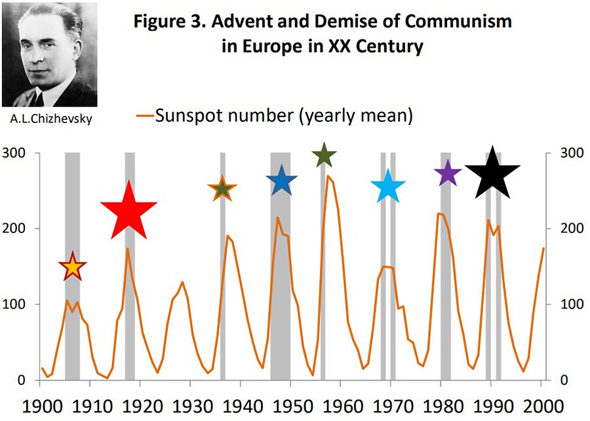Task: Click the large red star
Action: pyautogui.click(x=128, y=211)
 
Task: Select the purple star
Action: pyautogui.click(x=448, y=174)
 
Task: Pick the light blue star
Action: pyautogui.click(x=387, y=187)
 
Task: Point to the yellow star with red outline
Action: pyautogui.click(x=73, y=266)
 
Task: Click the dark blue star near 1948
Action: pyautogui.click(x=282, y=181)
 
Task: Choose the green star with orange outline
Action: pyautogui.click(x=222, y=190)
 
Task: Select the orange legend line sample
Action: pyautogui.click(x=145, y=118)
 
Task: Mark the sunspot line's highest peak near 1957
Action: pyautogui.click(x=328, y=176)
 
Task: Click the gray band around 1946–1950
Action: pyautogui.click(x=281, y=275)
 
